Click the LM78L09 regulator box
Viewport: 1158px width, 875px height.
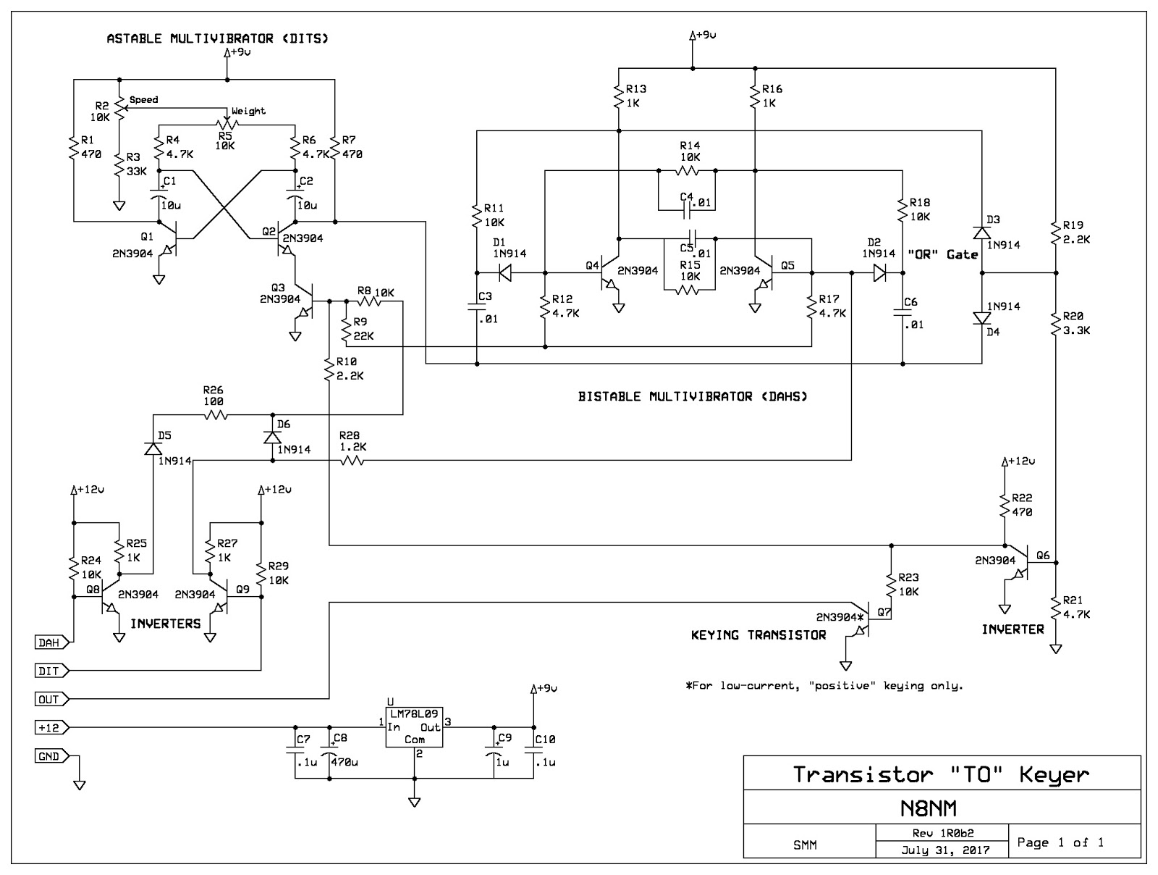point(414,727)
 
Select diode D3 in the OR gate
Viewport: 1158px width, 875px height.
point(981,233)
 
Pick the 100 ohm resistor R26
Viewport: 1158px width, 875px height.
point(216,415)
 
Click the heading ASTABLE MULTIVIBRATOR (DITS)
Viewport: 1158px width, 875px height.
point(217,38)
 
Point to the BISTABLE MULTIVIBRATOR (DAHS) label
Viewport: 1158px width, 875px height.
point(693,396)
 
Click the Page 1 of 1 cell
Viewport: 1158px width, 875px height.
point(1060,842)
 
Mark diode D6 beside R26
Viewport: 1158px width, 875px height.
point(272,437)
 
